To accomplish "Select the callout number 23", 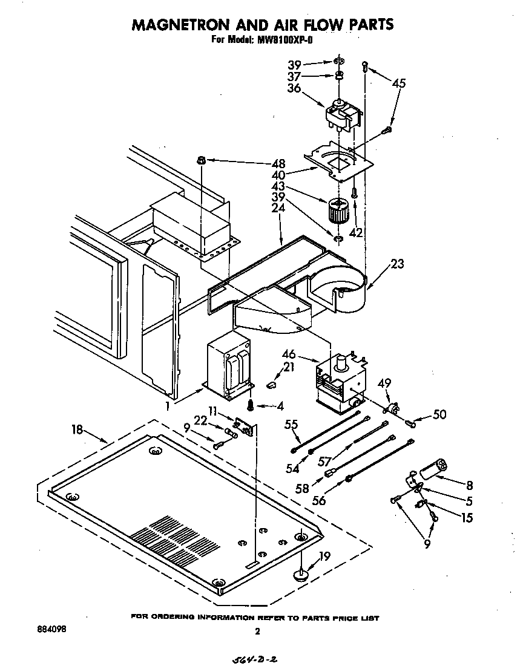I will click(x=397, y=264).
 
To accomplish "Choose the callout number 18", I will click(x=77, y=429).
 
